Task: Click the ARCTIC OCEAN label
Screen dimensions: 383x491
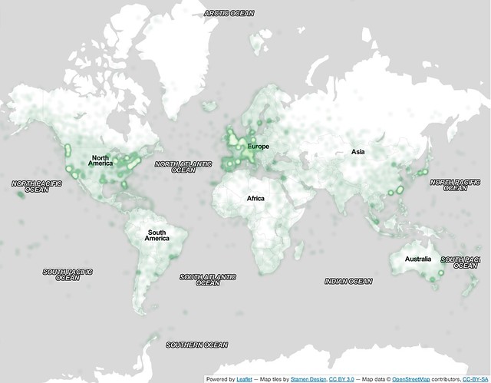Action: click(x=229, y=13)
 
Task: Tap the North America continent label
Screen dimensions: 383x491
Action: click(x=101, y=160)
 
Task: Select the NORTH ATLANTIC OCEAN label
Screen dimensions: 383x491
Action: click(x=183, y=167)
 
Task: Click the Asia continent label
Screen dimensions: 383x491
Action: click(x=358, y=152)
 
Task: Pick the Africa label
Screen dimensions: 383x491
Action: click(x=255, y=199)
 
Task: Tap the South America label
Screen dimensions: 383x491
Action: click(x=157, y=235)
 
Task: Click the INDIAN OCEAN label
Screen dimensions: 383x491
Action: click(x=348, y=281)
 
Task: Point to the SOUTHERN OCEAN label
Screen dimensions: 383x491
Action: click(x=196, y=345)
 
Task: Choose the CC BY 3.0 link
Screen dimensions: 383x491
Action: click(x=341, y=379)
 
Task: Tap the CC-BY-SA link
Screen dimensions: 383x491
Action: click(x=476, y=379)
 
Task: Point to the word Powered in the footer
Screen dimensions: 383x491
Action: click(x=216, y=379)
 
